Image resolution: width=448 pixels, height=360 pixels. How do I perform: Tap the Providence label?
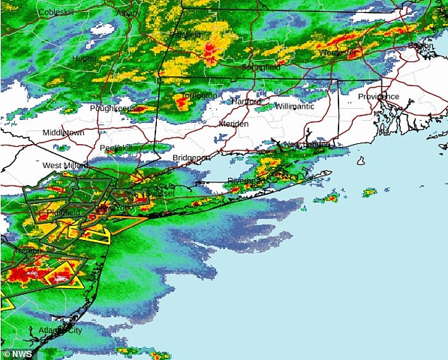click(378, 97)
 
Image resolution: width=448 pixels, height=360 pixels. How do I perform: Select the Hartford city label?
click(246, 102)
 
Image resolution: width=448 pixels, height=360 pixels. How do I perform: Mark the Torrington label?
click(200, 95)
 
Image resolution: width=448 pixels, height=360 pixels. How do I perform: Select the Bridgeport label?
click(191, 157)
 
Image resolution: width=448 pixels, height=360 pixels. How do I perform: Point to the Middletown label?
click(63, 133)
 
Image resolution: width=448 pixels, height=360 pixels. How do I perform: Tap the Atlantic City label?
click(61, 330)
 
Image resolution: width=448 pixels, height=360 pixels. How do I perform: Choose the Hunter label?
click(85, 59)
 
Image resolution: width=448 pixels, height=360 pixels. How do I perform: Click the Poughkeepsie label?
click(112, 108)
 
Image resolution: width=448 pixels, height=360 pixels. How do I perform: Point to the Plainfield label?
click(64, 212)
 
